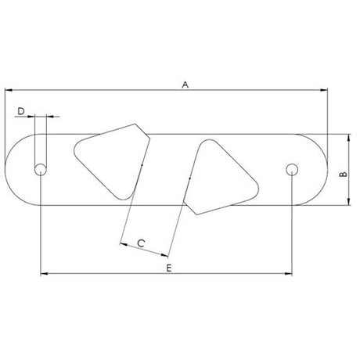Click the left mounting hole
(40, 169)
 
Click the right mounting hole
(293, 169)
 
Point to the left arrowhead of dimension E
(42, 274)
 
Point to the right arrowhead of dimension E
(290, 274)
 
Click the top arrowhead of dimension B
(348, 135)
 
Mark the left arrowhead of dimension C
(123, 243)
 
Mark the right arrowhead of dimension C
(167, 254)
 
